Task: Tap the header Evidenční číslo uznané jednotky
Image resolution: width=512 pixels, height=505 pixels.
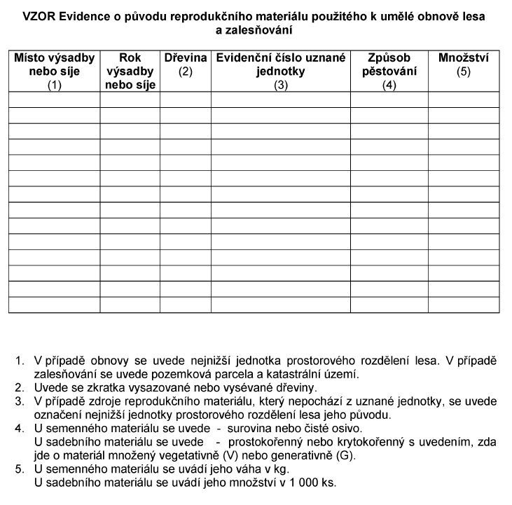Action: coord(281,64)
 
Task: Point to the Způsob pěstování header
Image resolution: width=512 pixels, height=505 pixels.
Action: coord(389,64)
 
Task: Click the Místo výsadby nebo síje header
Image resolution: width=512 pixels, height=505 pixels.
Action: coord(55,64)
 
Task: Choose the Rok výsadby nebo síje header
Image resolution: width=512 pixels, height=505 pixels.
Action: coord(130,71)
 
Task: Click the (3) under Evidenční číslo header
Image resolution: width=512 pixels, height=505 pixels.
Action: coord(281,85)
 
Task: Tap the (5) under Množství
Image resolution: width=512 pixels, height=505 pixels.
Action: coord(463,71)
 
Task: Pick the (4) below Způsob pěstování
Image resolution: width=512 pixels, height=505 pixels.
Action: coord(389,85)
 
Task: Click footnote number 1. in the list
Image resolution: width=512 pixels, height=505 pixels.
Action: coord(19,361)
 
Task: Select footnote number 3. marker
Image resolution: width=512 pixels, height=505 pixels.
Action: coord(19,402)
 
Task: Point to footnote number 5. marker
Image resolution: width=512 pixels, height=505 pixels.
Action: coord(19,469)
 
